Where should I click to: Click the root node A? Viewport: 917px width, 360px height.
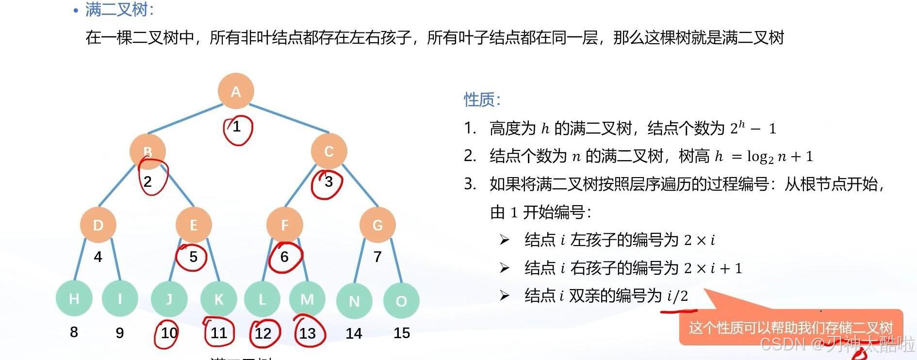[x=236, y=91]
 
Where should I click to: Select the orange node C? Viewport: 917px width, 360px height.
[x=329, y=151]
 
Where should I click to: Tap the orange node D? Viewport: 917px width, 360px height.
[x=98, y=225]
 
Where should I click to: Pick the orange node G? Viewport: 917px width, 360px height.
[x=377, y=225]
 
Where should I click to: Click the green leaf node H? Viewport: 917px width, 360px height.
[x=74, y=299]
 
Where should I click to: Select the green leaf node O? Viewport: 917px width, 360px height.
[x=401, y=301]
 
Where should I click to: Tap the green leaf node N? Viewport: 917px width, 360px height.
[x=354, y=301]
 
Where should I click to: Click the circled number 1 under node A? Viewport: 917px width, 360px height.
[x=237, y=127]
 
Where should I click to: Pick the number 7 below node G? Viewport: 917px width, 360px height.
[x=377, y=257]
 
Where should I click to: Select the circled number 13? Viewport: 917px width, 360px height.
[x=308, y=333]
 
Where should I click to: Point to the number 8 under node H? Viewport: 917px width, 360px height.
[x=74, y=332]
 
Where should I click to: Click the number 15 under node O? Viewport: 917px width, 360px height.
[x=402, y=333]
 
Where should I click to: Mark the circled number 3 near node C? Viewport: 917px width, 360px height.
[x=328, y=182]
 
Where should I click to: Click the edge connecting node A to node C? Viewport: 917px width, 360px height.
[x=289, y=118]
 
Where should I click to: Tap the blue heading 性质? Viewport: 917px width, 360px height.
[x=482, y=100]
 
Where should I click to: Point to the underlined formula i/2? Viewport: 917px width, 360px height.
[x=678, y=296]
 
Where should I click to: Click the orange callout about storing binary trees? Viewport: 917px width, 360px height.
[x=790, y=327]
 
